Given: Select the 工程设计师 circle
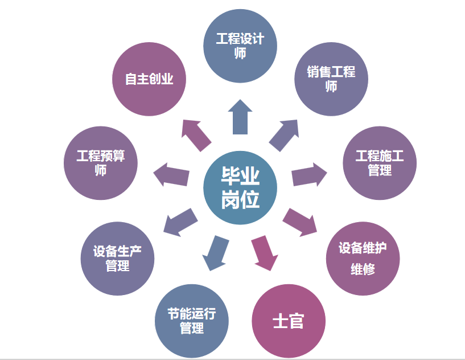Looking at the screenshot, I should point(241,46).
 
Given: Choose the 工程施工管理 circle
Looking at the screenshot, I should point(379,163).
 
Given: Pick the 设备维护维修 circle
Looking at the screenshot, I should point(363,258).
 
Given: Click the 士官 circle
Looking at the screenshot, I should point(289,321).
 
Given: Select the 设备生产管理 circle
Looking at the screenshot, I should point(117,259).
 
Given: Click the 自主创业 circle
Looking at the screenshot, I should point(150,79).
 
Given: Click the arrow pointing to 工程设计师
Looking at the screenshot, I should point(240,117).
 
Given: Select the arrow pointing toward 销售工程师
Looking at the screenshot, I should point(284,135).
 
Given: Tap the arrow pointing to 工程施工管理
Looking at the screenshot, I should point(309,174).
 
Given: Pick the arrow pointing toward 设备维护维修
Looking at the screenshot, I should point(301,222).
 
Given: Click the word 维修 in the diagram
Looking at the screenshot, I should point(363,269).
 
